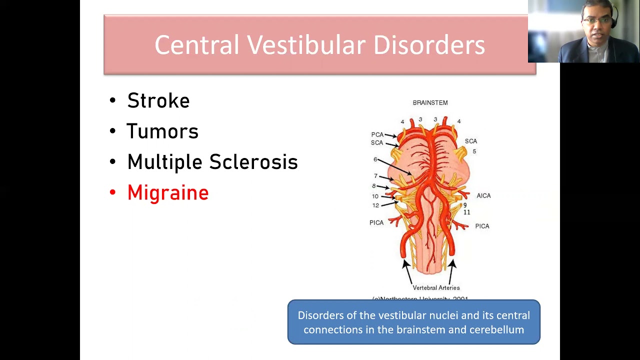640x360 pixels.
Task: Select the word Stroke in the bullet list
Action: (158, 101)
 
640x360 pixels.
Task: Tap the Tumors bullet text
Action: (162, 131)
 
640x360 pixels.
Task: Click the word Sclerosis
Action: (253, 162)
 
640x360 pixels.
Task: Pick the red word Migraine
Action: (168, 193)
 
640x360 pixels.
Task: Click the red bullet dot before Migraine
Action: (112, 193)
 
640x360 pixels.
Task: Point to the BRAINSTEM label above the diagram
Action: (430, 102)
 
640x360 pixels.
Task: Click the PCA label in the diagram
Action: (377, 134)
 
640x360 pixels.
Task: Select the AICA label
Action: (483, 195)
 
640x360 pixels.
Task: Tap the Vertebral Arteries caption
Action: (435, 287)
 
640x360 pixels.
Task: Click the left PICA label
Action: (376, 222)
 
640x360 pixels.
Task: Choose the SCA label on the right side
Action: (470, 141)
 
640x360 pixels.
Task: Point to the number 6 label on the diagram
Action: (375, 159)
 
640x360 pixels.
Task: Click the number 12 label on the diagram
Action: (375, 205)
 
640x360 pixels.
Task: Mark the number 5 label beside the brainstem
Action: (474, 151)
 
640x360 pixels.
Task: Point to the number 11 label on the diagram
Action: (466, 212)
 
